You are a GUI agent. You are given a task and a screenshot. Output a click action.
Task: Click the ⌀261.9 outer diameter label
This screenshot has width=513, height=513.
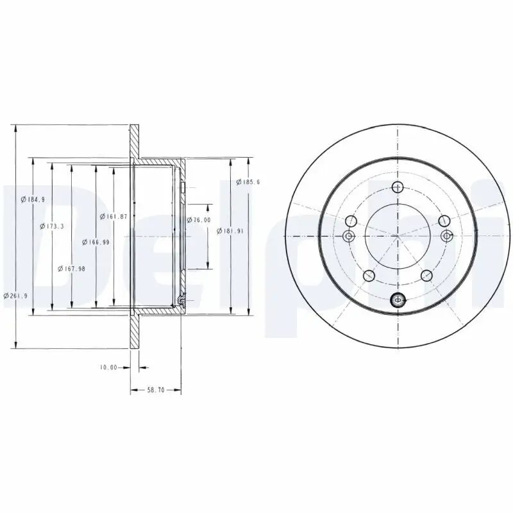tap(15, 296)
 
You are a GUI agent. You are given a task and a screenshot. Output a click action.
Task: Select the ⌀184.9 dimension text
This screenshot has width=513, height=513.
tap(33, 199)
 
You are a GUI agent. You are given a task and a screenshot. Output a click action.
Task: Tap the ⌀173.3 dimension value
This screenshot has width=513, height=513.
tap(51, 226)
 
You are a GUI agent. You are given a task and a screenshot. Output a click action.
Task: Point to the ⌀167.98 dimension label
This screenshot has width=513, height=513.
tap(71, 268)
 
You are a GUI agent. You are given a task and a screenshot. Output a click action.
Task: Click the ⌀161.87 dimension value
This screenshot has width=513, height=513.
tap(114, 216)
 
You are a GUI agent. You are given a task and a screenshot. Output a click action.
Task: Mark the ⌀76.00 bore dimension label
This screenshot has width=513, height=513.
tap(199, 220)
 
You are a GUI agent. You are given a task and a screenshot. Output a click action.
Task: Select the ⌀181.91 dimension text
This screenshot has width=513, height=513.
tap(229, 231)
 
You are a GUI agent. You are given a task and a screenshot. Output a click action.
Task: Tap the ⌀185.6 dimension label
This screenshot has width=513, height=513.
tap(248, 183)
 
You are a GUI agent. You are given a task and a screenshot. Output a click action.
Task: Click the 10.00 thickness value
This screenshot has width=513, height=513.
tap(108, 367)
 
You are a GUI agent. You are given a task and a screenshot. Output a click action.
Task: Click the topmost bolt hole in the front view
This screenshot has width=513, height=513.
tap(398, 188)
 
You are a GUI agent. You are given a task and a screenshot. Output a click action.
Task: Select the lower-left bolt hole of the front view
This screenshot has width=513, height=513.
tap(369, 276)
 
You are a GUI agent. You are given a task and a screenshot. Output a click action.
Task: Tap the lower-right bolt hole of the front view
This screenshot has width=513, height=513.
tap(426, 276)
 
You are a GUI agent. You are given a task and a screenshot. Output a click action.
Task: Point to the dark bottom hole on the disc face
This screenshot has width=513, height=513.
tap(398, 298)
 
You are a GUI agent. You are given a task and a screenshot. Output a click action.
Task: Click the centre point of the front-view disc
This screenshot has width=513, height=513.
tap(398, 236)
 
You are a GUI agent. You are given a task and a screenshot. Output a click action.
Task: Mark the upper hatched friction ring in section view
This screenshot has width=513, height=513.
tap(135, 141)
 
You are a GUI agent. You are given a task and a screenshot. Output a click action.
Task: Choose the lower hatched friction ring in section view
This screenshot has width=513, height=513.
tap(135, 332)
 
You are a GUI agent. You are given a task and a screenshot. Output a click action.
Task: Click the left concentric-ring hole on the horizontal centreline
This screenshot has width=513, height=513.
tap(349, 236)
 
